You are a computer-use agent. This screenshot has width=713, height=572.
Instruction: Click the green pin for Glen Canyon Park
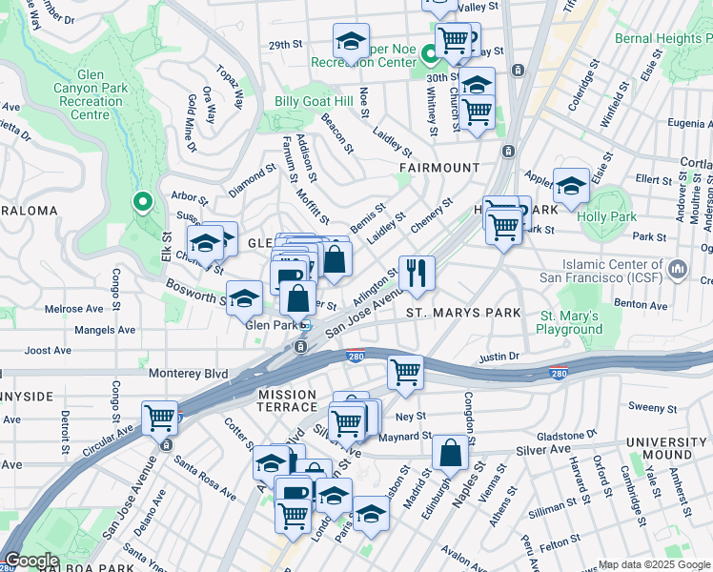coord(142,201)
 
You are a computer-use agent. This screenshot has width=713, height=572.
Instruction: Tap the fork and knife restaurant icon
coord(416,274)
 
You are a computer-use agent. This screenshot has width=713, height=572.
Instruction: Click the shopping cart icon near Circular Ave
coord(160,418)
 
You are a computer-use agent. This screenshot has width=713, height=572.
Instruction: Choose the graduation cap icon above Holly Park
coord(571,185)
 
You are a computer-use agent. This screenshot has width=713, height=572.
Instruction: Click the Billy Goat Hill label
coord(314,102)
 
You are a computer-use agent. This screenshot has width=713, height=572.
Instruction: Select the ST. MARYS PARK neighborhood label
coord(463,313)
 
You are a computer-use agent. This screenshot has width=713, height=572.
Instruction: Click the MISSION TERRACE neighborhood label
coord(286,401)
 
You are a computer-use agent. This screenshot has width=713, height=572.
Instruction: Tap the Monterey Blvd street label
coord(188,374)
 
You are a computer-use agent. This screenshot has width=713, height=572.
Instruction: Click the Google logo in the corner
coord(31,560)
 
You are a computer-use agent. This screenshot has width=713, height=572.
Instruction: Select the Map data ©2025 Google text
coord(654,564)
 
